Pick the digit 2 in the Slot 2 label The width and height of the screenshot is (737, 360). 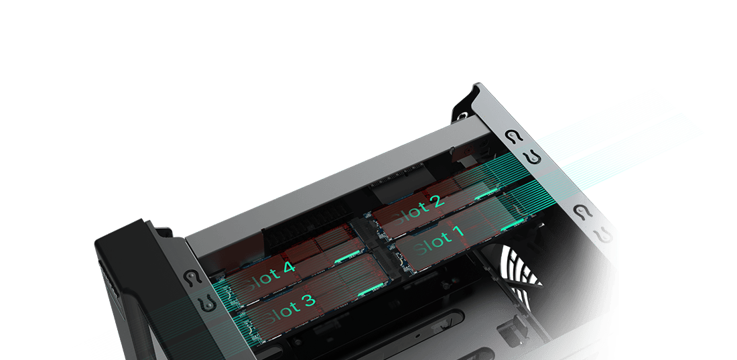436,203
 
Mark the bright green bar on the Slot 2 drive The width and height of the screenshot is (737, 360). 487,194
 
